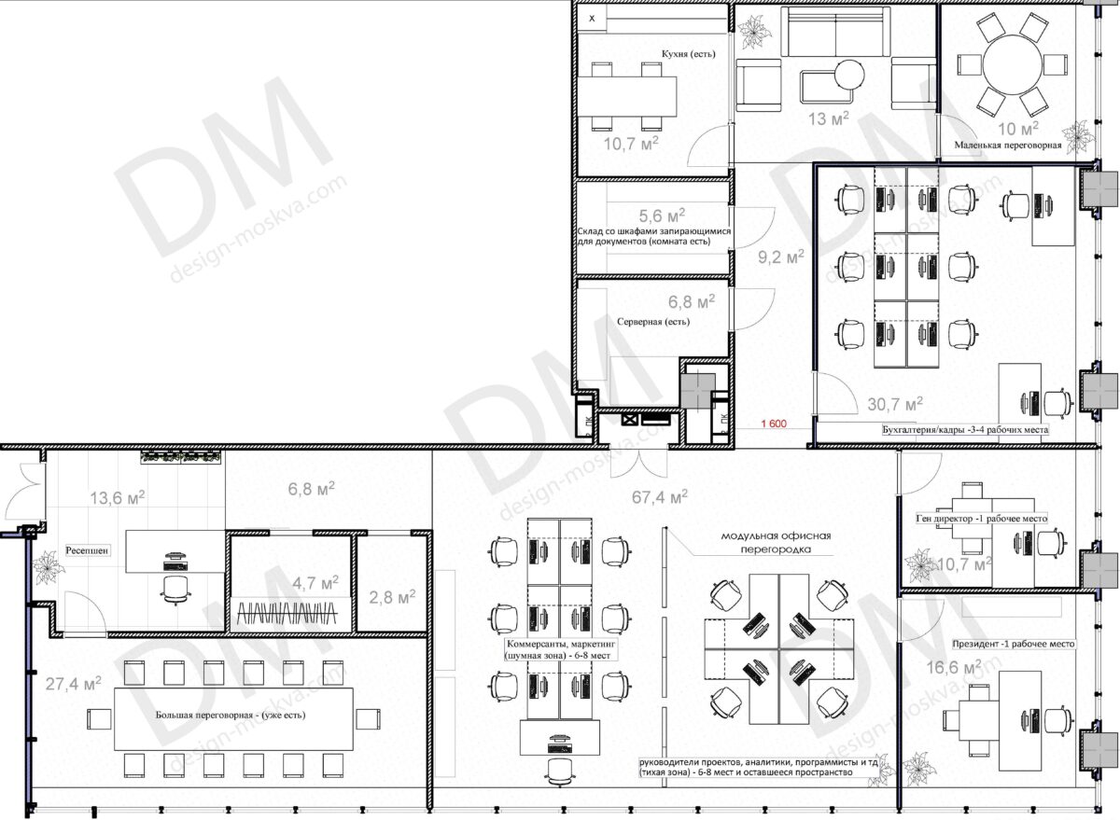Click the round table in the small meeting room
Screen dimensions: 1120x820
point(1012,65)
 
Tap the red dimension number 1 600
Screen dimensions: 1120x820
point(774,424)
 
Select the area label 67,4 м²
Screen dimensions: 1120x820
point(660,496)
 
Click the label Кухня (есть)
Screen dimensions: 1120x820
point(688,53)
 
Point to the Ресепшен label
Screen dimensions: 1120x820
point(87,550)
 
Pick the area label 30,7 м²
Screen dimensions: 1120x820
point(895,403)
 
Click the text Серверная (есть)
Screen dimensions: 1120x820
point(653,322)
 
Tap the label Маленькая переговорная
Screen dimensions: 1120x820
point(1007,146)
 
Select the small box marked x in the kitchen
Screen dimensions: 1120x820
point(592,19)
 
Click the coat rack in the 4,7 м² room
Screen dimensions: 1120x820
point(290,613)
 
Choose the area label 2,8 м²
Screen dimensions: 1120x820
point(392,597)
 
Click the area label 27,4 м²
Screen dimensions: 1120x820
point(73,683)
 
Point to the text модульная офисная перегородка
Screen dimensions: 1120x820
point(776,542)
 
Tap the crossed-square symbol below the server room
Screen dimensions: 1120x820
point(628,419)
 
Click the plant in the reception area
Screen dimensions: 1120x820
point(48,567)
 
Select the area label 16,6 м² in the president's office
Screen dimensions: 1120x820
point(954,667)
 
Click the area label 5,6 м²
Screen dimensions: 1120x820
point(662,215)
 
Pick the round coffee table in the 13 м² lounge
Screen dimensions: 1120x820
point(849,75)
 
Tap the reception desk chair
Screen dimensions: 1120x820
point(175,590)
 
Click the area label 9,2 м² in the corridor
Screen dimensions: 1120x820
point(781,257)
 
